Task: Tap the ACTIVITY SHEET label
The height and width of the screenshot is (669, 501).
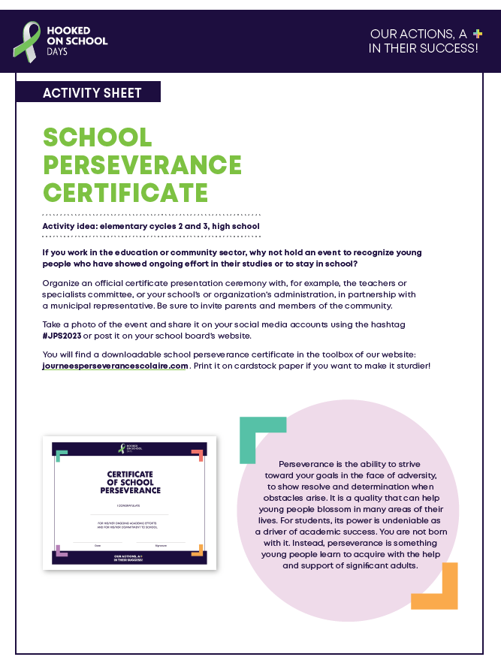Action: [92, 93]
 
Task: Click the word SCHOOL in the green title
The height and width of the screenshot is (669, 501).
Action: [98, 137]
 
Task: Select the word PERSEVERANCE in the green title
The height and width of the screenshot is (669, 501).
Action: [143, 164]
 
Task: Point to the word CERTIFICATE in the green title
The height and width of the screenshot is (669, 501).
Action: [125, 191]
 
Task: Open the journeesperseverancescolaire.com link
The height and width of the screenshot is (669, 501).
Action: [115, 366]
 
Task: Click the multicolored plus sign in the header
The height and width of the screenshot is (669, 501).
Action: [476, 34]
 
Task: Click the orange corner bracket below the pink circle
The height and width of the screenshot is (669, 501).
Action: [439, 589]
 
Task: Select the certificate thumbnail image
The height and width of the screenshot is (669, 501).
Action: [129, 502]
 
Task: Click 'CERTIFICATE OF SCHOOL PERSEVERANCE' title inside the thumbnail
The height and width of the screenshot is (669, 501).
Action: [130, 483]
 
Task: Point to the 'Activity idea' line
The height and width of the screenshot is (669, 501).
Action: [151, 226]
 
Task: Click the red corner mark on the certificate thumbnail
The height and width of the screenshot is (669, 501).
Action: [198, 454]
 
